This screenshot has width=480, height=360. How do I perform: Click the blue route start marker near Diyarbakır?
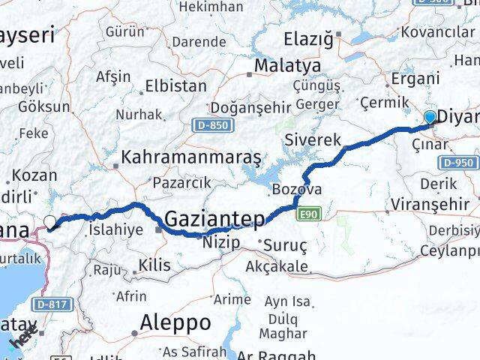[x=430, y=117]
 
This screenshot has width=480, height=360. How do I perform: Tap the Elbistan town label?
[x=175, y=85]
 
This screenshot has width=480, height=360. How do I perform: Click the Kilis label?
[x=154, y=265]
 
